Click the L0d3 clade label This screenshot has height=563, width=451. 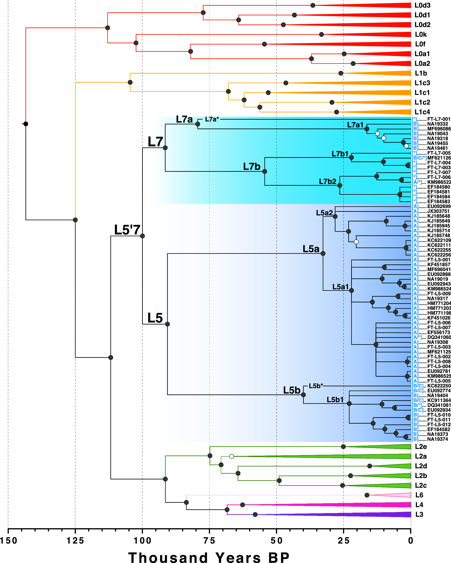pyautogui.click(x=422, y=5)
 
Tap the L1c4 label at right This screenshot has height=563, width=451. pyautogui.click(x=422, y=112)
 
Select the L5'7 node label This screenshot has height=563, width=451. pyautogui.click(x=127, y=230)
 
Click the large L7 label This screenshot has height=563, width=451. pyautogui.click(x=155, y=142)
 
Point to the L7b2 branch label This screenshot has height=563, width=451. pyautogui.click(x=328, y=181)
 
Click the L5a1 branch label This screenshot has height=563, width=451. pyautogui.click(x=340, y=287)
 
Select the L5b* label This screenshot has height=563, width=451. pyautogui.click(x=316, y=386)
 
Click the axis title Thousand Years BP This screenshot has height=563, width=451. pyautogui.click(x=209, y=557)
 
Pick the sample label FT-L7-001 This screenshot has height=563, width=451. pyautogui.click(x=439, y=119)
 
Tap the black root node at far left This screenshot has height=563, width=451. pyautogui.click(x=26, y=124)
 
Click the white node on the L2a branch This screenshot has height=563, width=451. pyautogui.click(x=232, y=456)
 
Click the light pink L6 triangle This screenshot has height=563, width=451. pyautogui.click(x=399, y=495)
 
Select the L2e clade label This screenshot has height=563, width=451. pyautogui.click(x=421, y=446)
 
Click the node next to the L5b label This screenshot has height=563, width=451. pyautogui.click(x=303, y=395)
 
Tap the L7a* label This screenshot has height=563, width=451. pyautogui.click(x=212, y=119)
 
